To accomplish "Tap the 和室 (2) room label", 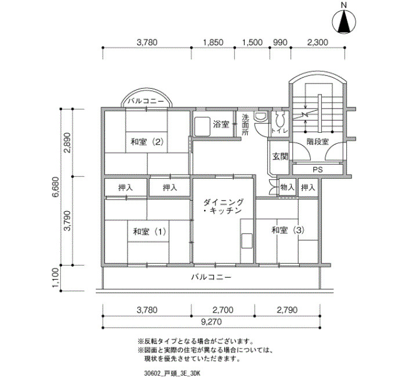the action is point(147,142).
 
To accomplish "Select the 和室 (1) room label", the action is point(149,231).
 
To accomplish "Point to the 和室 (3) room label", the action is point(288,230).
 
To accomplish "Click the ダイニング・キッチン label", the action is point(223,206).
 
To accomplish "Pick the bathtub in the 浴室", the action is point(202,126).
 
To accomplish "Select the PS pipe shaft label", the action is point(318,170).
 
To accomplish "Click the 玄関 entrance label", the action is point(280,157).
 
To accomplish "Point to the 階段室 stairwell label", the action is point(318,142).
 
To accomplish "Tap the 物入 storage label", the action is point(287,187).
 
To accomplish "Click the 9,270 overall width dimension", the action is point(212,322).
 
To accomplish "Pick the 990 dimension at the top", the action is point(280,42).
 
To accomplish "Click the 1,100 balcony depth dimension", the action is point(56,278).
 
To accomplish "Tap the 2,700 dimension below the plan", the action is point(223,310).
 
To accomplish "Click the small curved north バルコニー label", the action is point(146,101).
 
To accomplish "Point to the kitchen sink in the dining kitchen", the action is point(246,241).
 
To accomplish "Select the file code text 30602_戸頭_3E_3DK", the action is point(172,373).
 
